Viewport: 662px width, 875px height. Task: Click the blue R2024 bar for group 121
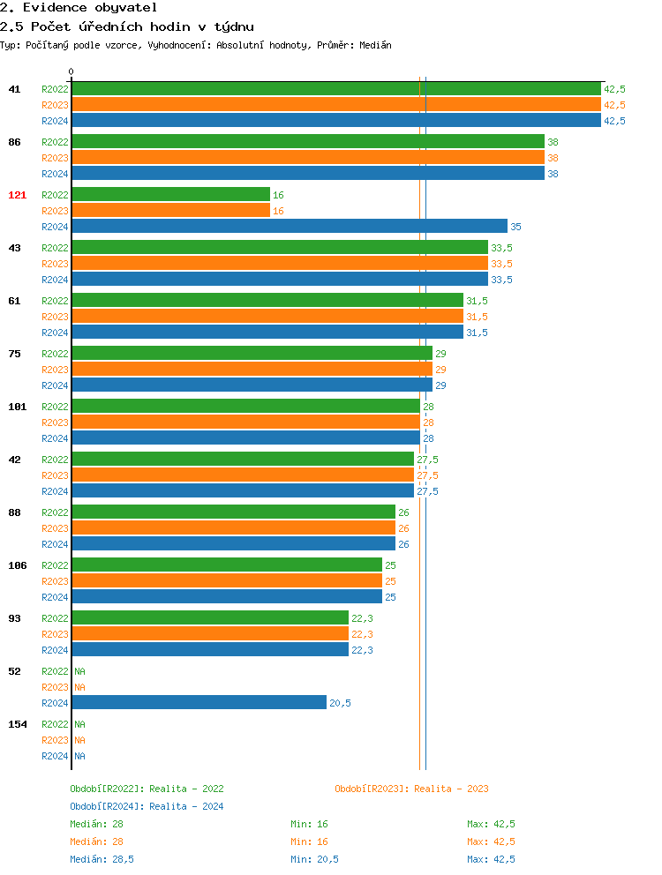[x=290, y=227]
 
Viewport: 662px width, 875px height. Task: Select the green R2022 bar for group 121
[x=170, y=195]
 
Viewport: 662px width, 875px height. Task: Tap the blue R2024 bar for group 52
[x=199, y=703]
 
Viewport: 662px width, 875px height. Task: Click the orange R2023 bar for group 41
[x=335, y=105]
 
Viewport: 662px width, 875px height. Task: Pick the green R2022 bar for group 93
[x=210, y=618]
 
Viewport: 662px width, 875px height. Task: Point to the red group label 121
[x=18, y=195]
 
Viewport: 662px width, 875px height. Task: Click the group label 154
[x=18, y=724]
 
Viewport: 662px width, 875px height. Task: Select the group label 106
[x=18, y=565]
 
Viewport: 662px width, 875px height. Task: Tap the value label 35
[x=515, y=227]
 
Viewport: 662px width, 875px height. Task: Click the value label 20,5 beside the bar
[x=340, y=703]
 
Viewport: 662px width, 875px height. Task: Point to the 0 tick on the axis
[x=71, y=72]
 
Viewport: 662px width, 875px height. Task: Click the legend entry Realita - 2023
[x=411, y=789]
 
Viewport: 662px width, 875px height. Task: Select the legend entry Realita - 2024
[x=147, y=806]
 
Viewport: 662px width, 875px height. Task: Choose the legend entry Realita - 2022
[x=147, y=789]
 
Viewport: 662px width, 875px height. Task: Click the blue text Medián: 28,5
[x=102, y=859]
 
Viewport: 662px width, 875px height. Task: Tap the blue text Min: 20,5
[x=314, y=859]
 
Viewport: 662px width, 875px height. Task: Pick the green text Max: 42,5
[x=491, y=824]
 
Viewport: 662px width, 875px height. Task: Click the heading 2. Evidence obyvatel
[x=79, y=7]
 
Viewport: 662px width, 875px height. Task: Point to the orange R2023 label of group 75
[x=55, y=370]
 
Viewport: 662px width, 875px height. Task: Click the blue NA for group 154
[x=79, y=756]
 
